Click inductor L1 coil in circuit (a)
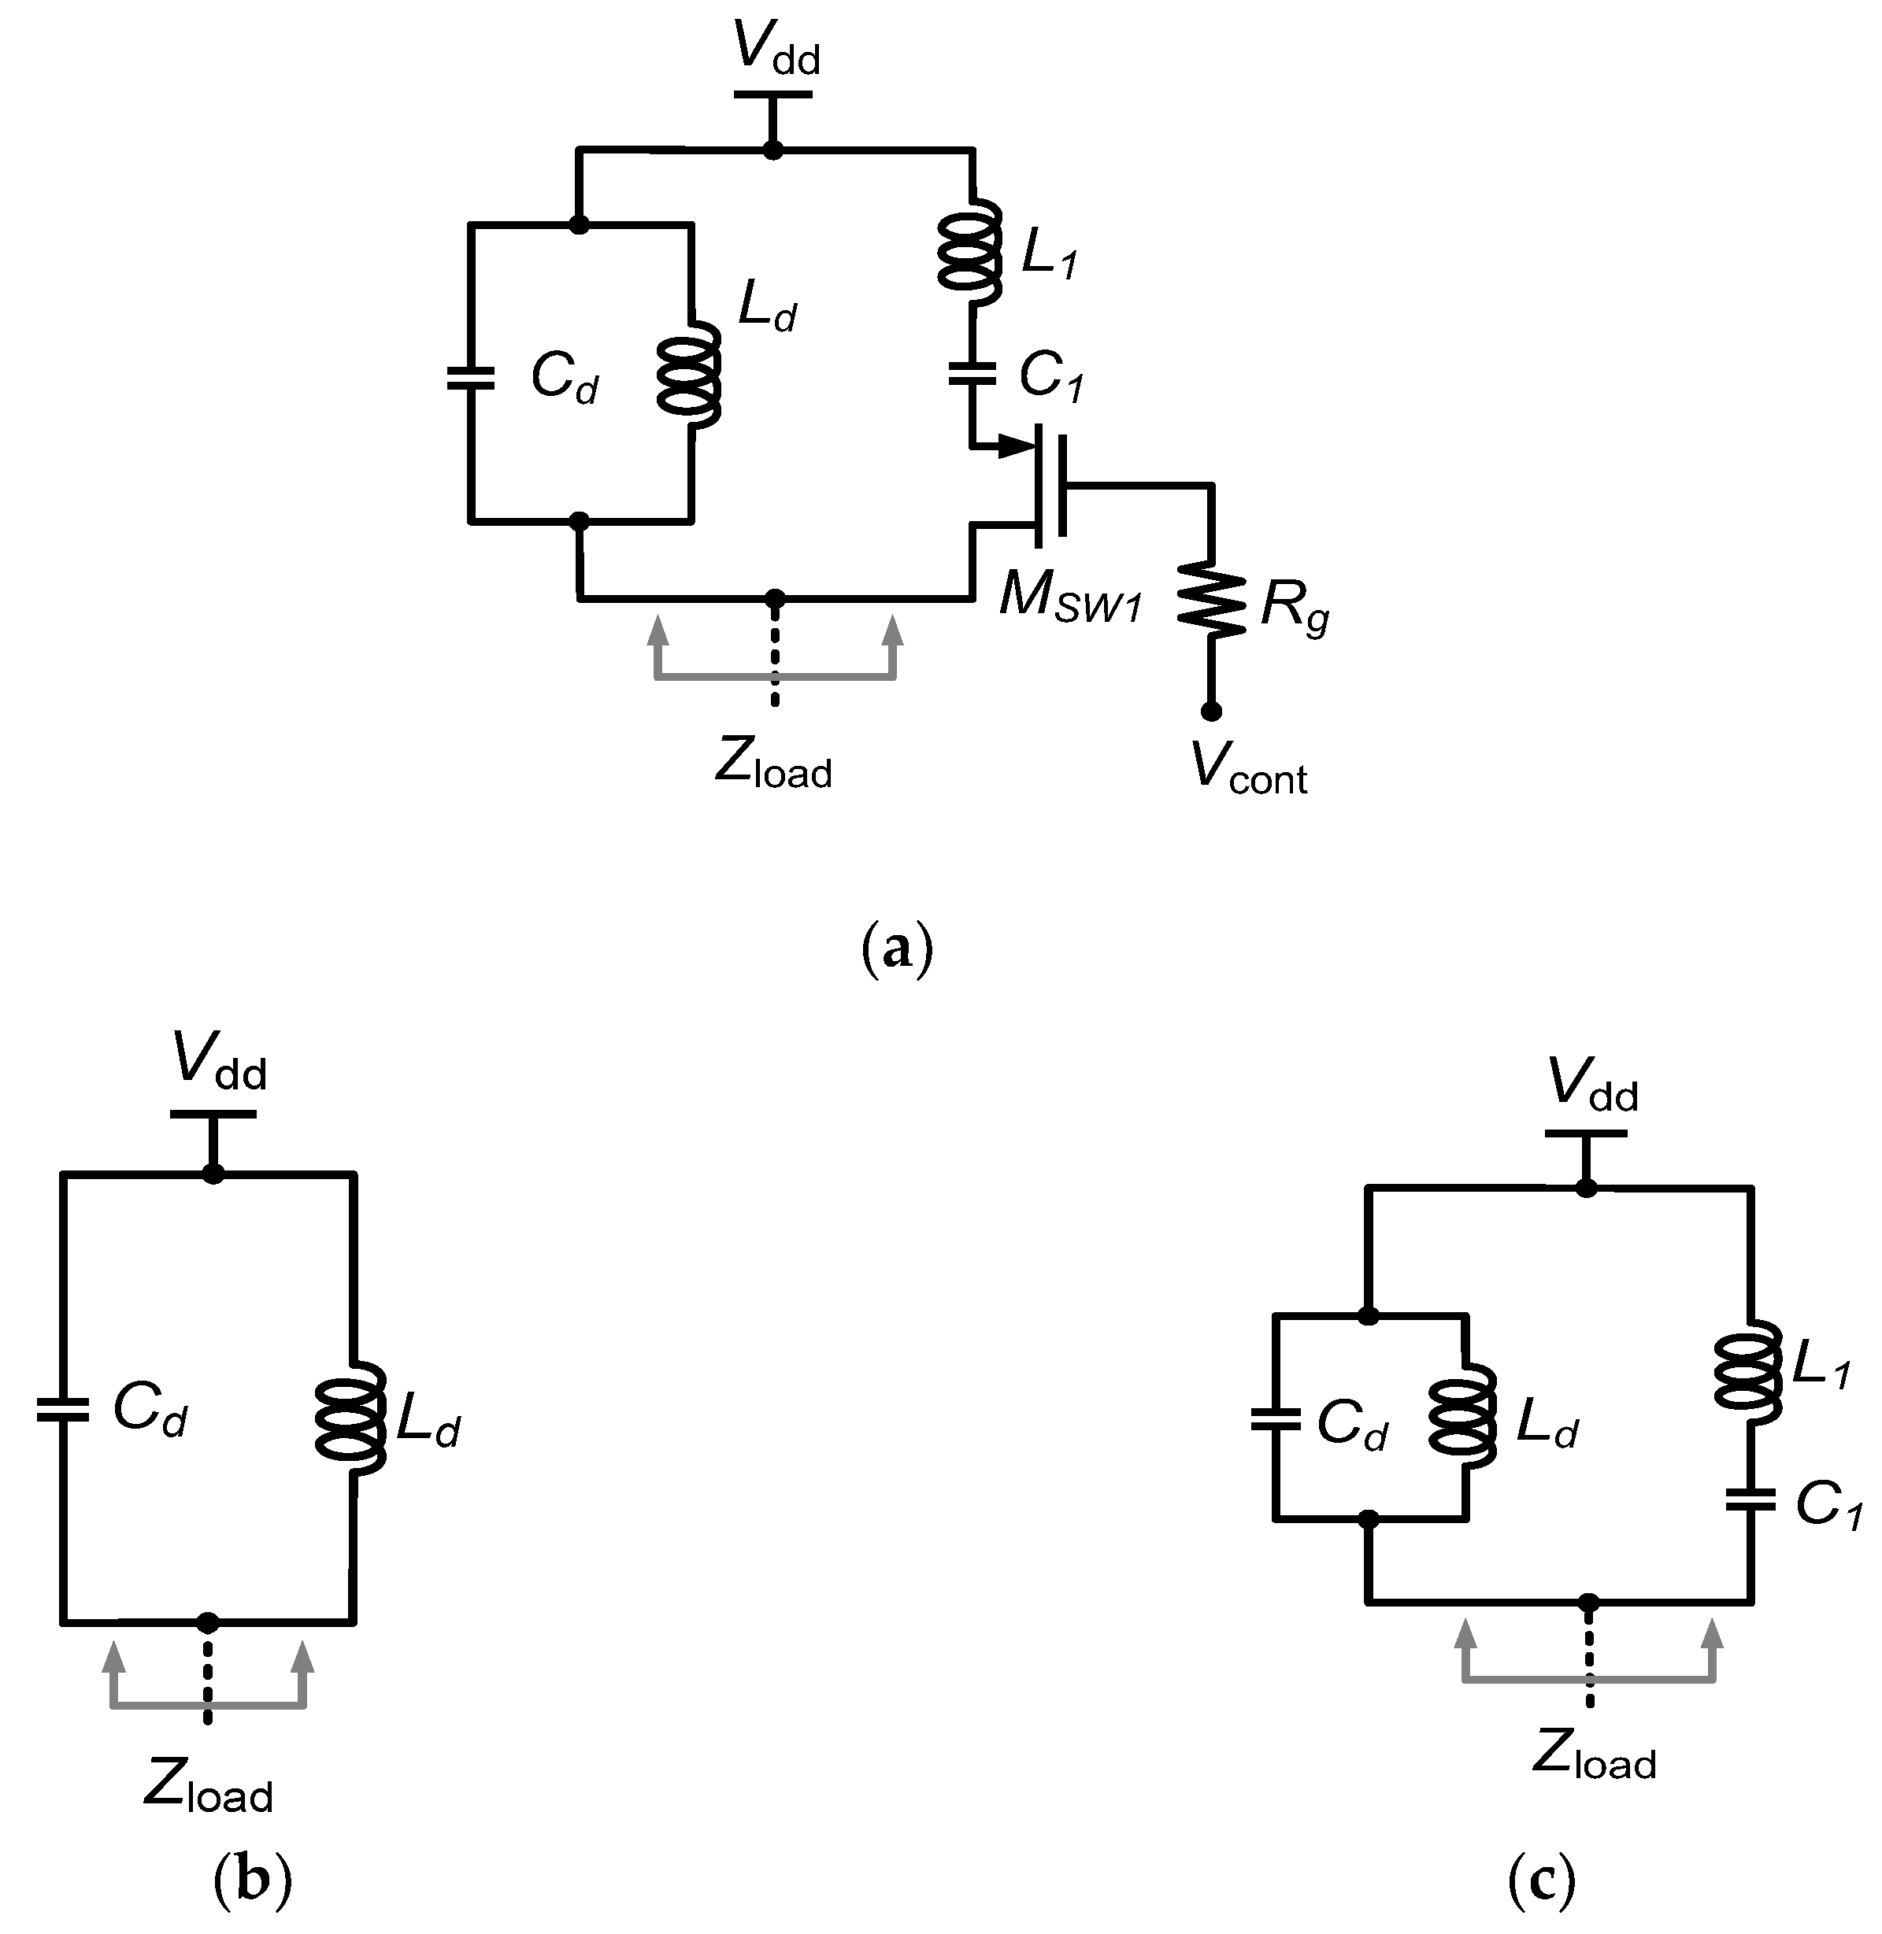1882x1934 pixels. pos(971,252)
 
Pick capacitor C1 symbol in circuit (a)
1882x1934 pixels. pos(972,374)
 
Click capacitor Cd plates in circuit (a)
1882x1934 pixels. pos(471,378)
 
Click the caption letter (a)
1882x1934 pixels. pos(898,948)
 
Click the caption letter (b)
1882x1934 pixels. pos(253,1880)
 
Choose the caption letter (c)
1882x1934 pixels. pos(1541,1880)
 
